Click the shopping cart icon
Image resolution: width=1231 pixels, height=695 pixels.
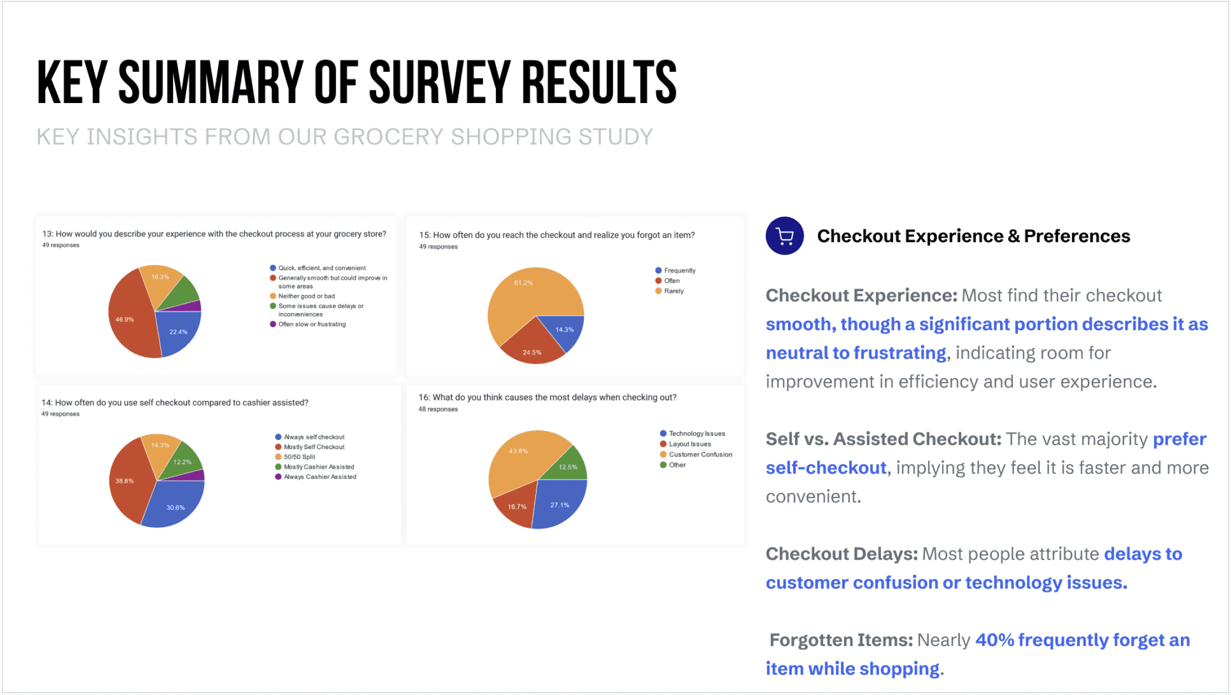[785, 236]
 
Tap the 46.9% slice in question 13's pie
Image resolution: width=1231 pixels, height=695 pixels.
[129, 317]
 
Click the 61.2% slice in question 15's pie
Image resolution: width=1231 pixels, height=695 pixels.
[526, 295]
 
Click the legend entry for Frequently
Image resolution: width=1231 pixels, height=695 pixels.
[675, 271]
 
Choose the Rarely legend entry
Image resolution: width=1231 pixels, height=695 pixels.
[669, 291]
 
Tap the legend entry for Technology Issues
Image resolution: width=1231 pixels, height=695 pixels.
[692, 434]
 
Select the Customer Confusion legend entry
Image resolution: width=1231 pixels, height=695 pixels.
[696, 454]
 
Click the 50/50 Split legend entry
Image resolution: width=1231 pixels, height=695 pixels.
[295, 457]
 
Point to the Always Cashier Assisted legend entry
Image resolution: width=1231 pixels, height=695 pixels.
[316, 477]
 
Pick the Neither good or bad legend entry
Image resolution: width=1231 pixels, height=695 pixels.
[302, 296]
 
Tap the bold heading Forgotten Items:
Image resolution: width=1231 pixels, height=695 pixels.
[841, 640]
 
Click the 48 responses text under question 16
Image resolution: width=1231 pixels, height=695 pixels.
[438, 409]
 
